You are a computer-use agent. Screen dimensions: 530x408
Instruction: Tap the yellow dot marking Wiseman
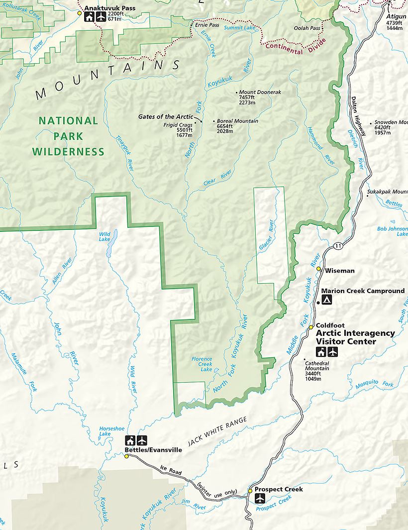(319, 269)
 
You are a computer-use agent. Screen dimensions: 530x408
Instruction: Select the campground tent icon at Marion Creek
(327, 300)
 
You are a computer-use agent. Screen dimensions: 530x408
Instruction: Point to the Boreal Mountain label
(237, 121)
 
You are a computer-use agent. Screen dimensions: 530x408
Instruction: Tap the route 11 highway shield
(338, 245)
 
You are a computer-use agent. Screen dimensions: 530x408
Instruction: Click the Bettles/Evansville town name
(153, 450)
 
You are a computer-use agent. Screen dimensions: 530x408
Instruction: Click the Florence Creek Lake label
(202, 364)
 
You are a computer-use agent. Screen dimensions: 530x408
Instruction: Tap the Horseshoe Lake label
(104, 431)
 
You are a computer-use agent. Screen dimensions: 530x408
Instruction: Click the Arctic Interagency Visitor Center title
(355, 337)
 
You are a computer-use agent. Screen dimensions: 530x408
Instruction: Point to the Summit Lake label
(240, 28)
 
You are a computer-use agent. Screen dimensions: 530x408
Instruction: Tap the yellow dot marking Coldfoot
(311, 327)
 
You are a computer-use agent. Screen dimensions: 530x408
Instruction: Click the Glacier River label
(267, 235)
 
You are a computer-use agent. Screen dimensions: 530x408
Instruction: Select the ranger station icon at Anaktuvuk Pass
(89, 17)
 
